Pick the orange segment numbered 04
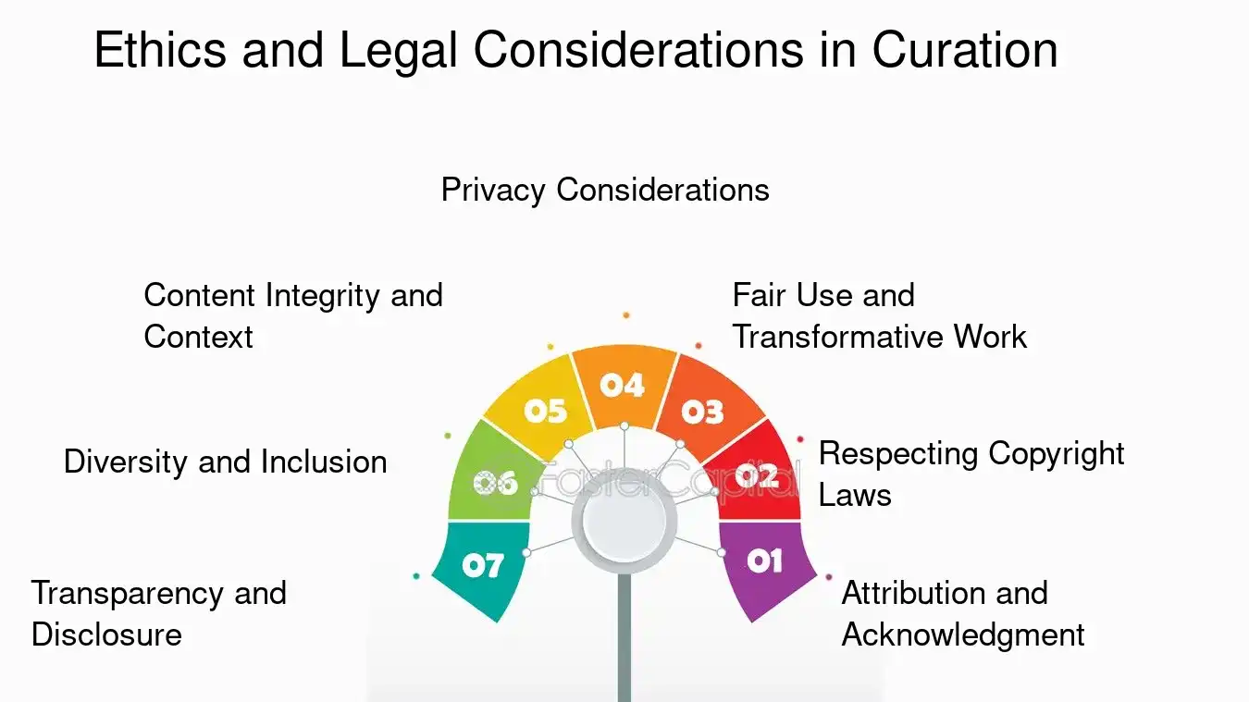[x=622, y=385]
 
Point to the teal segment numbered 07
[x=482, y=565]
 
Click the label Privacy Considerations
[x=605, y=190]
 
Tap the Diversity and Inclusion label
[x=225, y=462]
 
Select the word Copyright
[x=1057, y=453]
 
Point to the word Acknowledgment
[x=963, y=635]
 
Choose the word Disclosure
[x=106, y=634]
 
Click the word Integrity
[x=323, y=296]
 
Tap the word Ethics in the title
[x=160, y=51]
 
